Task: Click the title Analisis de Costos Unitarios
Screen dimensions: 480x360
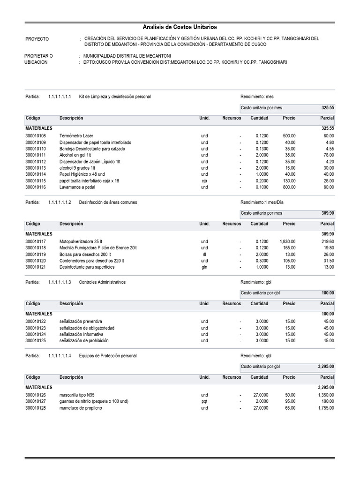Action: (x=180, y=28)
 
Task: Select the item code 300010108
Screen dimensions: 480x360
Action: (x=36, y=136)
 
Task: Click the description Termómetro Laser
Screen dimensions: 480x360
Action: (x=76, y=136)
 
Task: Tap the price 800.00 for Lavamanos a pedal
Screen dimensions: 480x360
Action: (x=289, y=187)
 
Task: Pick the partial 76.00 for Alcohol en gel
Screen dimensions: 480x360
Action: (x=329, y=155)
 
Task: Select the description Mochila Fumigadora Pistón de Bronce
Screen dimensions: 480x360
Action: (x=98, y=248)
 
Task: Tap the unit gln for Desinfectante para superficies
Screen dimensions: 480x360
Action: (x=204, y=267)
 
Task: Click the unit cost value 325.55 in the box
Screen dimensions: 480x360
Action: (x=328, y=108)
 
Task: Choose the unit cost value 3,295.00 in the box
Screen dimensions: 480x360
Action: (x=325, y=367)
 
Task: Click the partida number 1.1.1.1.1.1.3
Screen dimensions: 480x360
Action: (x=60, y=283)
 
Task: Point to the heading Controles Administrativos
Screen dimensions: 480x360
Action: (x=102, y=283)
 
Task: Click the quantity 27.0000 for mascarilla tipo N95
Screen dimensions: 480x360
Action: (x=259, y=395)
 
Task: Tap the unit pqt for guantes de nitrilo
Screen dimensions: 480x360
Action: (x=204, y=402)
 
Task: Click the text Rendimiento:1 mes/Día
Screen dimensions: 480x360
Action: (x=262, y=202)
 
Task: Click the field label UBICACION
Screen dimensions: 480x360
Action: (x=36, y=62)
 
